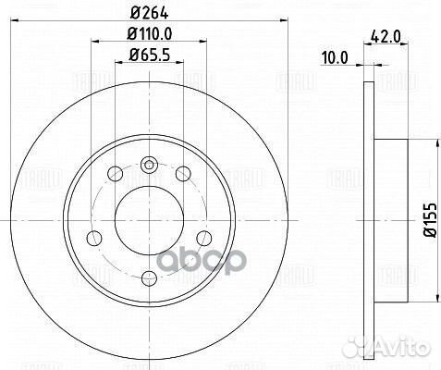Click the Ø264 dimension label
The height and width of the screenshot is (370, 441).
(x=150, y=13)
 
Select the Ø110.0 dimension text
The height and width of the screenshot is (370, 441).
(x=150, y=33)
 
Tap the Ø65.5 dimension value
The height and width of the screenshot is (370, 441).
(x=150, y=55)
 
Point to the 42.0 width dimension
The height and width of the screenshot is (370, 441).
(x=386, y=37)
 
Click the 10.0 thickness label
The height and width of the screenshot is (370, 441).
(x=335, y=58)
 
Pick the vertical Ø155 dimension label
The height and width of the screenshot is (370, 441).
(x=431, y=220)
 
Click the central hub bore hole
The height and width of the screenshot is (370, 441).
(x=149, y=221)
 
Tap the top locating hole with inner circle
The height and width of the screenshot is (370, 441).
(x=149, y=165)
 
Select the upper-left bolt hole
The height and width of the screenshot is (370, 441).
(x=115, y=174)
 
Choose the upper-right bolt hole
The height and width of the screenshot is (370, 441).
(x=183, y=174)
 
